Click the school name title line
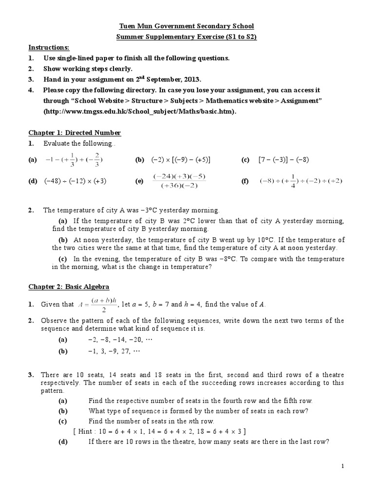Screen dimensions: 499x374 pyautogui.click(x=187, y=26)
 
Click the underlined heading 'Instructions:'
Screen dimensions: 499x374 pyautogui.click(x=49, y=47)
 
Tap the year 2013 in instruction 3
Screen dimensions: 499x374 pyautogui.click(x=204, y=79)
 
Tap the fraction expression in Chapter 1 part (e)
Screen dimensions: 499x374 pyautogui.click(x=180, y=181)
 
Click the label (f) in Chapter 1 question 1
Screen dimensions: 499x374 pyautogui.click(x=245, y=181)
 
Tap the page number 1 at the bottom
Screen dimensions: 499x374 pyautogui.click(x=343, y=466)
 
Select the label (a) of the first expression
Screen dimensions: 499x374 pyautogui.click(x=33, y=160)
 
